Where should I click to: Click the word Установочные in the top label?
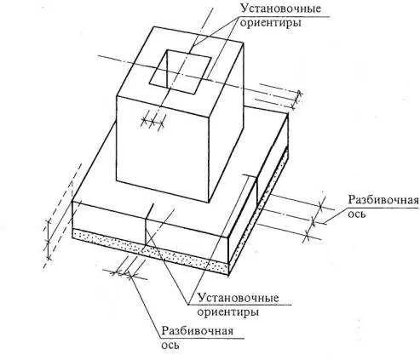pyautogui.click(x=280, y=9)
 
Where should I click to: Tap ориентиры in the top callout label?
pyautogui.click(x=270, y=23)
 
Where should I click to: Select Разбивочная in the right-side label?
pyautogui.click(x=383, y=200)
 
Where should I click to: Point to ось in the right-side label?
pyautogui.click(x=356, y=214)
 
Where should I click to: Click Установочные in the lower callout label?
pyautogui.click(x=238, y=298)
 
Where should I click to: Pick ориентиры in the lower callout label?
pyautogui.click(x=227, y=312)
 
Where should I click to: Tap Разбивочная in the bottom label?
pyautogui.click(x=198, y=331)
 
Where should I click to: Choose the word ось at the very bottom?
pyautogui.click(x=170, y=346)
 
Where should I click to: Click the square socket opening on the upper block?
pyautogui.click(x=180, y=71)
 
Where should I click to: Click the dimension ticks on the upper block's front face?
pyautogui.click(x=152, y=123)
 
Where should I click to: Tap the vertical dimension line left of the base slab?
pyautogui.click(x=49, y=239)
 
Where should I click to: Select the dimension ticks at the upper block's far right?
pyautogui.click(x=297, y=100)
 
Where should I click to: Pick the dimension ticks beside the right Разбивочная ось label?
pyautogui.click(x=314, y=220)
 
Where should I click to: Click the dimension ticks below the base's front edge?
pyautogui.click(x=125, y=274)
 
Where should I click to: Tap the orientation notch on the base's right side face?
pyautogui.click(x=256, y=190)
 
